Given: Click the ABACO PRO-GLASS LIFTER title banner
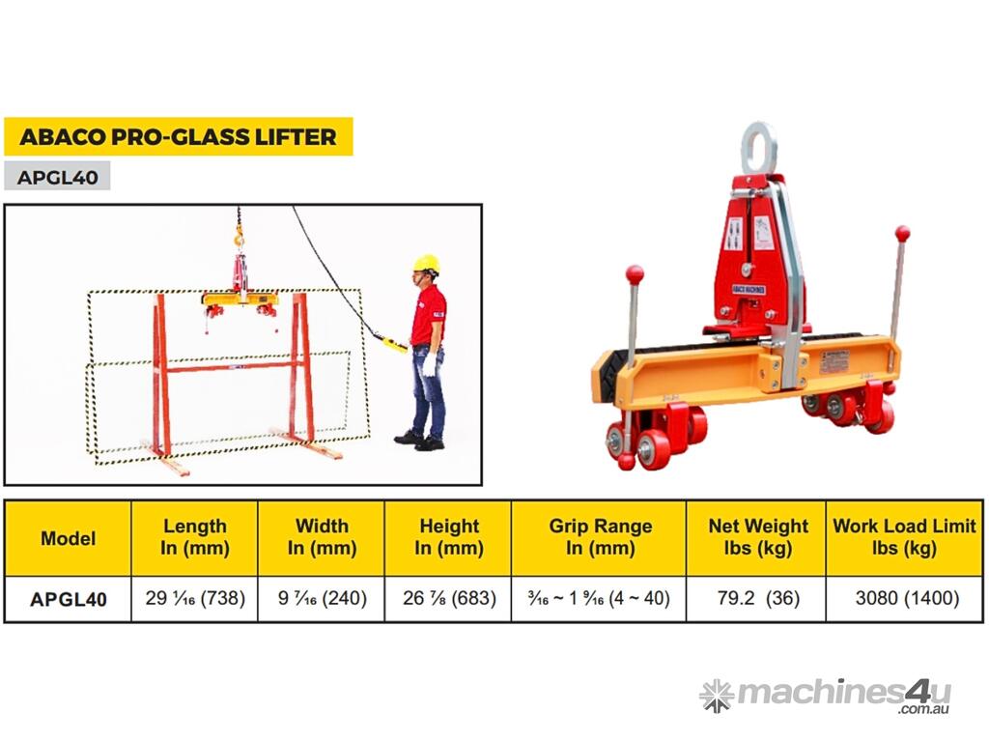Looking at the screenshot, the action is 179,136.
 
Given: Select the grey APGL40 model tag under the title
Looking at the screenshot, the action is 57,176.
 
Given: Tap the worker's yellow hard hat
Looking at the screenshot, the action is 426,265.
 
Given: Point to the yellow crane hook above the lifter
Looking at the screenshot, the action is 238,239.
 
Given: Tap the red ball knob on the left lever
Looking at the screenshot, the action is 635,275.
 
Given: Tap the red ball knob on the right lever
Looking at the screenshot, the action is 903,234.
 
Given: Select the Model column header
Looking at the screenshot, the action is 69,538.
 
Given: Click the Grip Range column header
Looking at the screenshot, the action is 599,537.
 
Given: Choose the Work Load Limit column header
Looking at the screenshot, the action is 904,537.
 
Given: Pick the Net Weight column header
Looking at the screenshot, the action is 757,537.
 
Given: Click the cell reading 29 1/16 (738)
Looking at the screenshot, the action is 195,598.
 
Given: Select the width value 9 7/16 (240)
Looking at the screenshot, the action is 322,598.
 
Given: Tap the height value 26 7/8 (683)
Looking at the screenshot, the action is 449,598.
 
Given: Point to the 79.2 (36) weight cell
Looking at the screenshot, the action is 757,598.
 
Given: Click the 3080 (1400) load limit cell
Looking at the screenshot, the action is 906,598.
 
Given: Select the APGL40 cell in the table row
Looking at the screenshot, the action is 69,599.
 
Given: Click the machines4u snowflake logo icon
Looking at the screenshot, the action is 718,696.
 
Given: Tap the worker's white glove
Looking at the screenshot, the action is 429,363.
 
